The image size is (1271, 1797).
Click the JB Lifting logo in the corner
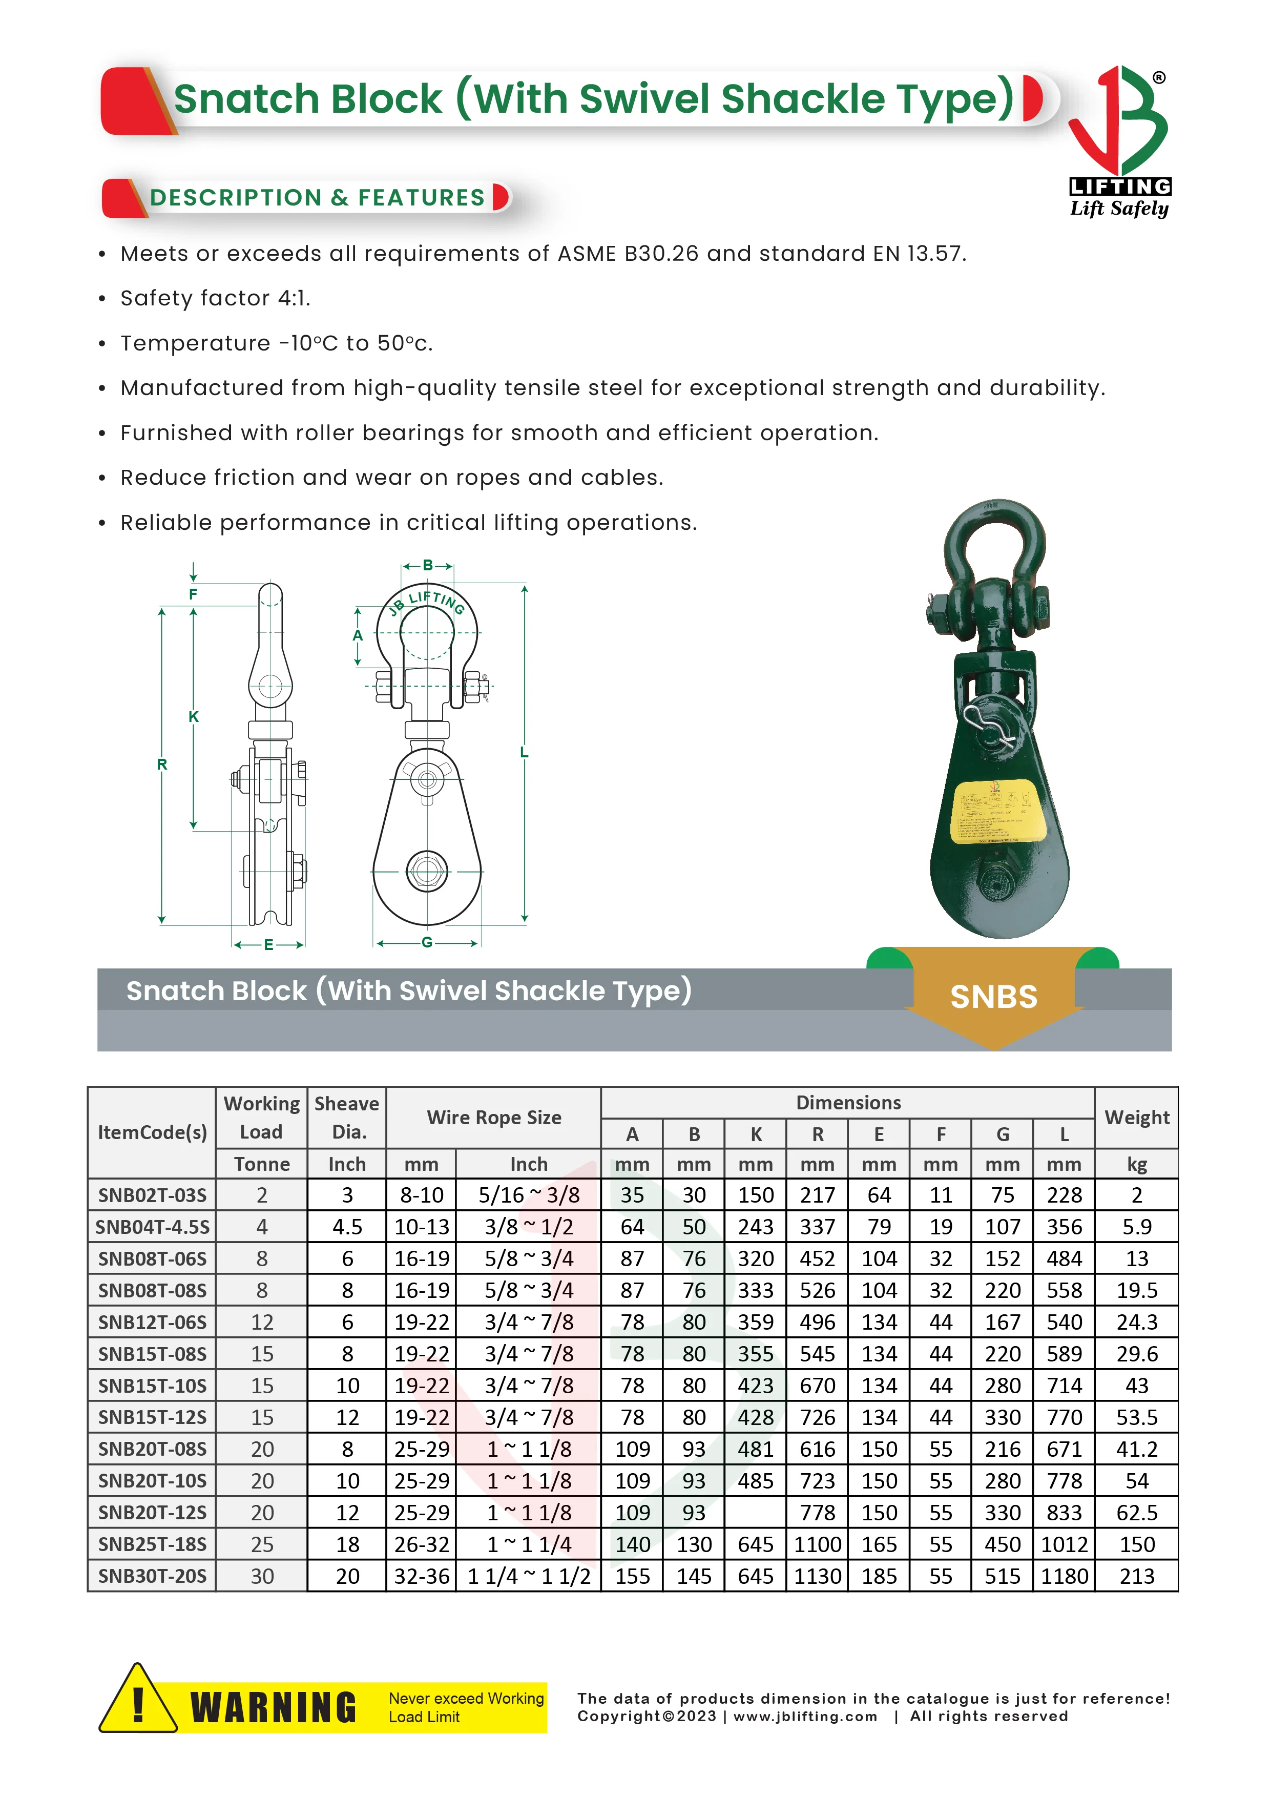[1119, 141]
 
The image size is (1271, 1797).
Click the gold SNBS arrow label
[993, 996]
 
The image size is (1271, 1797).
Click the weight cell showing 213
[1136, 1576]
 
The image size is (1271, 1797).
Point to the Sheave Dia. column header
[347, 1117]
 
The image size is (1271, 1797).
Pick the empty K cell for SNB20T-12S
[755, 1512]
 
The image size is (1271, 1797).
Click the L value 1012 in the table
[1064, 1544]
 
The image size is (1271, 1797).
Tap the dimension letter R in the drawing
[162, 764]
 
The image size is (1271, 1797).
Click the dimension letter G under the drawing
[427, 942]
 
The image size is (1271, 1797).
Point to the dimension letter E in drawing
[268, 945]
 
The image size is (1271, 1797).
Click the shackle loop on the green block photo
[994, 548]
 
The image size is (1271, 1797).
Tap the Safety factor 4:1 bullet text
[215, 298]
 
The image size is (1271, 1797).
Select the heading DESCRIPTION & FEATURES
[317, 197]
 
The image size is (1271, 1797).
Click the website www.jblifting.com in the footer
[805, 1717]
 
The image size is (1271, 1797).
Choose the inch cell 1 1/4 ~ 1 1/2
[529, 1576]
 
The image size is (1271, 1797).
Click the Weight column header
[1136, 1117]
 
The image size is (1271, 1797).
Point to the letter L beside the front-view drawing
[525, 752]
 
